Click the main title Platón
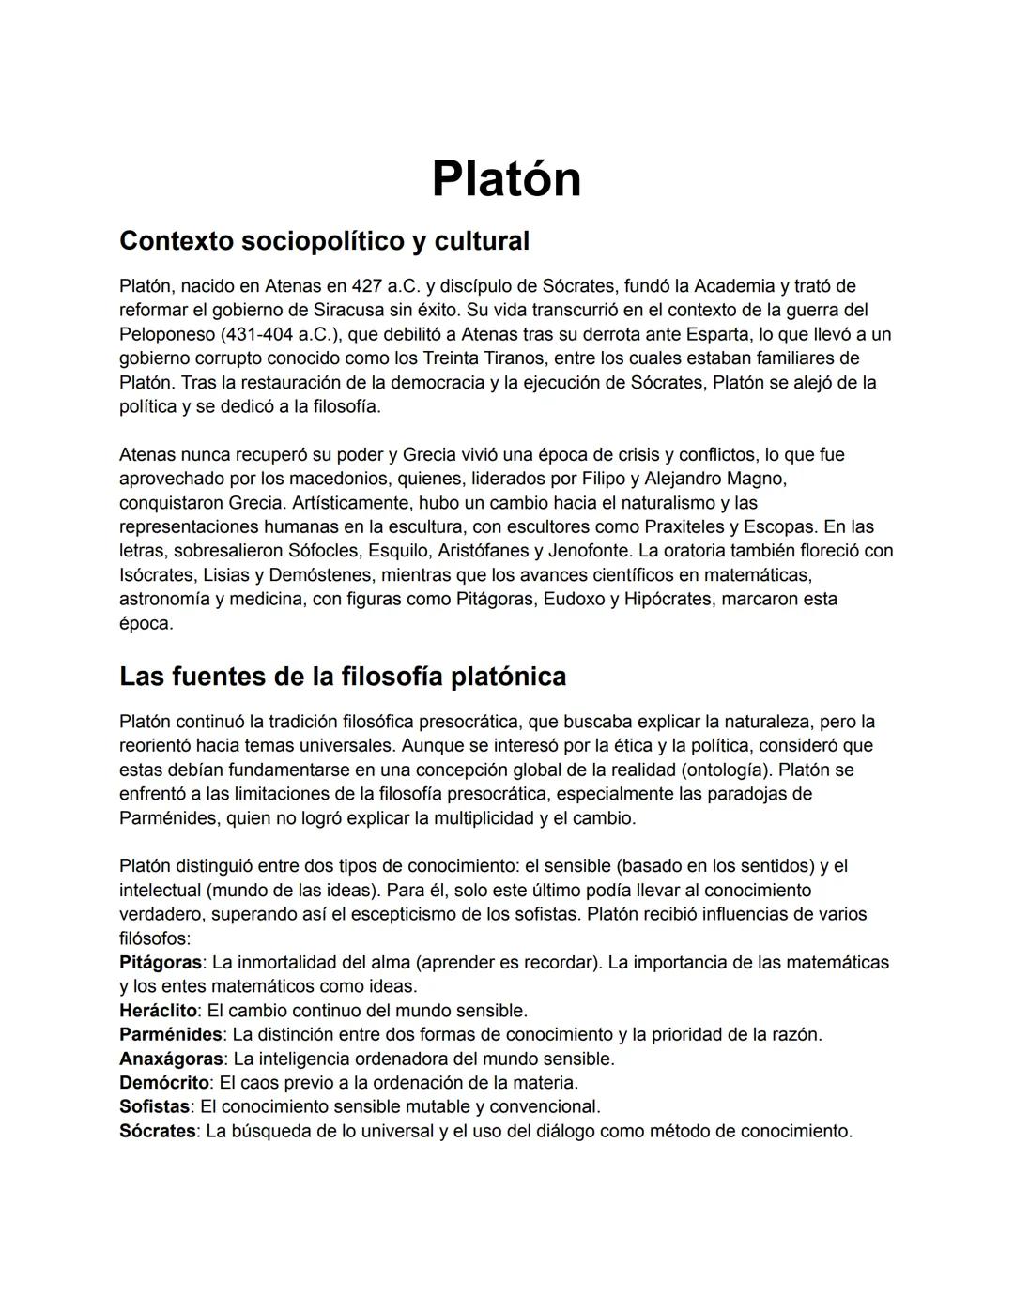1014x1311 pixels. pyautogui.click(x=506, y=178)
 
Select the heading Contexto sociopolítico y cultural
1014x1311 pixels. pyautogui.click(x=324, y=241)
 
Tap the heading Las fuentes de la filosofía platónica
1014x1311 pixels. pyautogui.click(x=343, y=677)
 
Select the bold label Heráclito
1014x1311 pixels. pyautogui.click(x=158, y=1011)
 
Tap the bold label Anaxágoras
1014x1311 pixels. pyautogui.click(x=171, y=1059)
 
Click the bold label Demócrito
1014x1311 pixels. pyautogui.click(x=163, y=1083)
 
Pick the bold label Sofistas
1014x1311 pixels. pyautogui.click(x=154, y=1106)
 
